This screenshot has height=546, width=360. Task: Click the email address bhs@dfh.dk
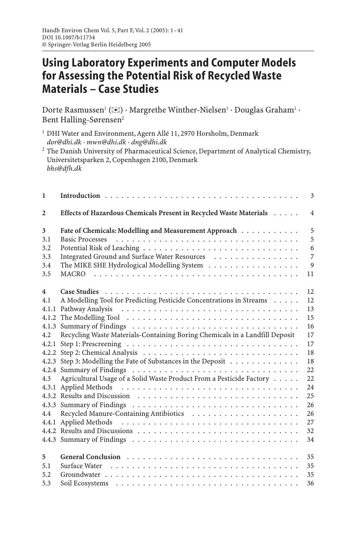click(x=64, y=168)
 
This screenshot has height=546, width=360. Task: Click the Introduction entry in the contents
click(x=80, y=196)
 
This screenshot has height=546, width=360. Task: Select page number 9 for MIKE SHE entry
click(x=312, y=266)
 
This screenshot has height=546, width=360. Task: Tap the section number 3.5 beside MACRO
click(x=46, y=274)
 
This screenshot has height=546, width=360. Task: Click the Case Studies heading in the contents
click(x=79, y=291)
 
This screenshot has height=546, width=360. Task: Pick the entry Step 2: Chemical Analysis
click(x=99, y=352)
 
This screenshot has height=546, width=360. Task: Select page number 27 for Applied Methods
click(x=310, y=422)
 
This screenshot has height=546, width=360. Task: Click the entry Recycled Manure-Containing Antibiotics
click(x=122, y=413)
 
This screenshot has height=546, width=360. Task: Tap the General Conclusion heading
click(x=90, y=457)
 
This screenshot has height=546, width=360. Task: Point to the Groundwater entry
click(x=80, y=474)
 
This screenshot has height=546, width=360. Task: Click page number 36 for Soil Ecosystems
click(x=310, y=483)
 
